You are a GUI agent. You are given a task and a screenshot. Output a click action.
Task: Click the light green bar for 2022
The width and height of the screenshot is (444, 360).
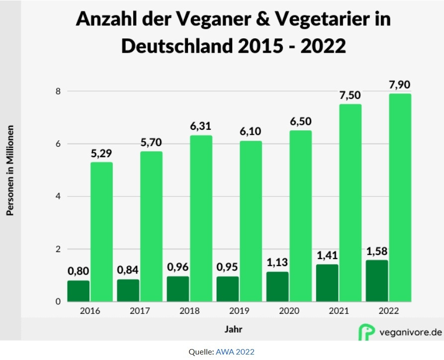pos(400,197)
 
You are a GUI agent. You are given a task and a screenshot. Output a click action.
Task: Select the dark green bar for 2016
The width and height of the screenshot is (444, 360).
pos(79,291)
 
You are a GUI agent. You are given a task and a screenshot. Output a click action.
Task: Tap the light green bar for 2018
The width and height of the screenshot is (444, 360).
pos(201,218)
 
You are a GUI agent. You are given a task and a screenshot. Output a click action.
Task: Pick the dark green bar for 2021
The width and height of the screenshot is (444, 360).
pos(327,282)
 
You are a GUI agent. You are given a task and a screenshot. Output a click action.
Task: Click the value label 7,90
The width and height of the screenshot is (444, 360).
pos(400,85)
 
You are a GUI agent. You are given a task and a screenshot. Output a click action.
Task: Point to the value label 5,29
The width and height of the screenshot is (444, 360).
pos(101,153)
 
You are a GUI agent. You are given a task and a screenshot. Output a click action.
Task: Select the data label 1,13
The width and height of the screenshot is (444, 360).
pos(277,262)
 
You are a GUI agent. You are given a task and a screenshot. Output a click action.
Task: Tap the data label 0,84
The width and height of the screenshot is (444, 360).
pos(128,270)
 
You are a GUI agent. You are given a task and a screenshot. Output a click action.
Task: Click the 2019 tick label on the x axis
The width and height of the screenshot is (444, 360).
pos(239,311)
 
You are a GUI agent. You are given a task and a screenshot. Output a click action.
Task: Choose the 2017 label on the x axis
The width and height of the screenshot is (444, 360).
pos(140,311)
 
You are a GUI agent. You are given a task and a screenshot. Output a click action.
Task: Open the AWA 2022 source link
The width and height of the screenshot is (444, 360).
pos(235,352)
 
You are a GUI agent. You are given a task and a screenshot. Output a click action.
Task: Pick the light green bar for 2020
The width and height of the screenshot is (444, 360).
pos(300,216)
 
